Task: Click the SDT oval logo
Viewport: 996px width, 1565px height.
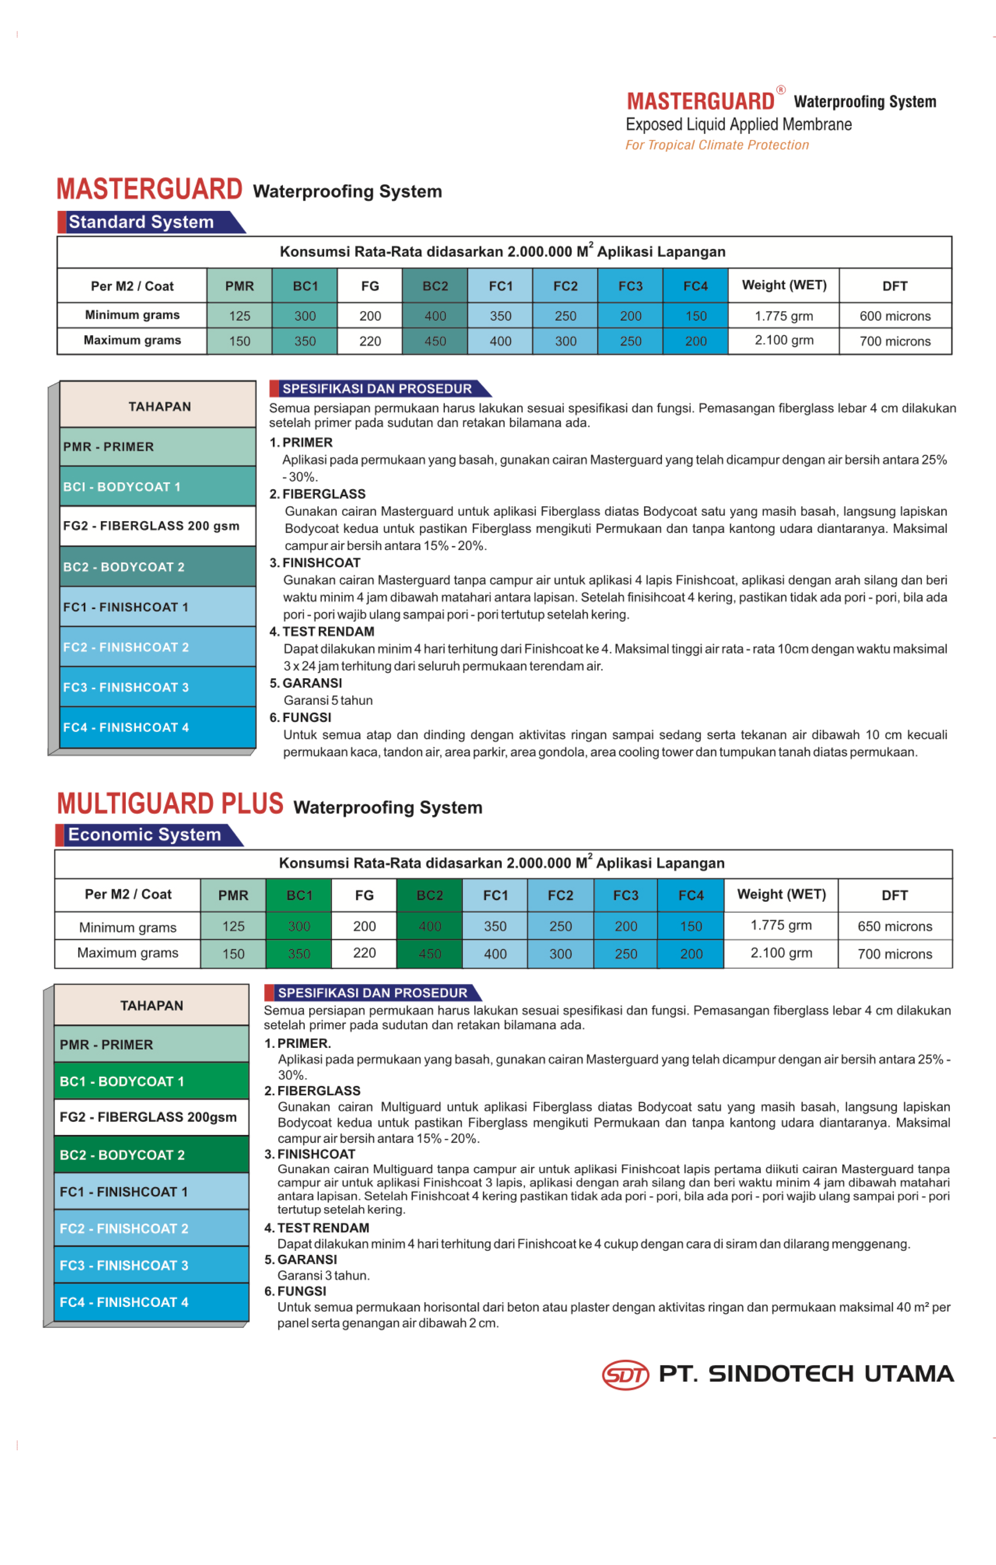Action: [x=625, y=1374]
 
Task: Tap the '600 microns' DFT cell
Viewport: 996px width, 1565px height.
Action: [x=895, y=316]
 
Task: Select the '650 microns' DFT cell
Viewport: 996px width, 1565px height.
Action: [x=895, y=926]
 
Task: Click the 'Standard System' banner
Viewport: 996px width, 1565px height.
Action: [x=142, y=222]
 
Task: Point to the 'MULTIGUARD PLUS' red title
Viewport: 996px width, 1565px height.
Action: [x=170, y=804]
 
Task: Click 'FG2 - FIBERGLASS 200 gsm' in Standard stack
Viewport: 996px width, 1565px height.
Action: [x=151, y=526]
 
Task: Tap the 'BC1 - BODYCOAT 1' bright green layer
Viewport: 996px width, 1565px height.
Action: [x=151, y=1081]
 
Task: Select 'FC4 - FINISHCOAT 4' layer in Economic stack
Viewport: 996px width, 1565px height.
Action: [x=151, y=1302]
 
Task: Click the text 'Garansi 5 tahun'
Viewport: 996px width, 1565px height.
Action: [x=328, y=700]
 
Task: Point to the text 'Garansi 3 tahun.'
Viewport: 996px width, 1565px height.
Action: [x=323, y=1275]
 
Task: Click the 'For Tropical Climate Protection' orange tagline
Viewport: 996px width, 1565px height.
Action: [x=717, y=145]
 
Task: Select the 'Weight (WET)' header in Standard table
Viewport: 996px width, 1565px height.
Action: [x=784, y=285]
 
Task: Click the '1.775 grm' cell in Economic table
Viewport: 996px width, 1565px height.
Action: [x=781, y=925]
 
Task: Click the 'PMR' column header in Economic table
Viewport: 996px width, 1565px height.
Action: [x=234, y=895]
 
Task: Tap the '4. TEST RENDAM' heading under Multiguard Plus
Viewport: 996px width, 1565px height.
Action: [x=317, y=1228]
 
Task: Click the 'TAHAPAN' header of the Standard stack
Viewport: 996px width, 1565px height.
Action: [x=159, y=407]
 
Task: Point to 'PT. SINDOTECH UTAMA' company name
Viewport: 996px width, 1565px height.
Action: [x=806, y=1374]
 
